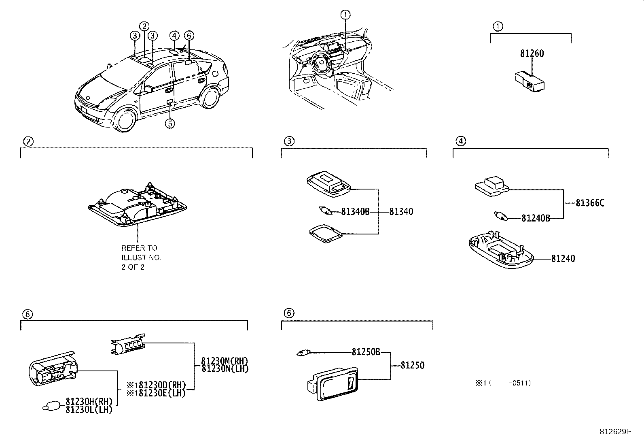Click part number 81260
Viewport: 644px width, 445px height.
click(x=532, y=53)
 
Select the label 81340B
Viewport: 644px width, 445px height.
click(x=355, y=211)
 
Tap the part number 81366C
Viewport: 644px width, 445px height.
click(x=590, y=203)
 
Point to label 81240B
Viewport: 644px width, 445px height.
click(x=536, y=218)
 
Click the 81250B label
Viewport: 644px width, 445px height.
click(x=365, y=352)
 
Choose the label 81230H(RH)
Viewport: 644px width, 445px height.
click(x=89, y=402)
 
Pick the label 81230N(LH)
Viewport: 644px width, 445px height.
click(x=225, y=369)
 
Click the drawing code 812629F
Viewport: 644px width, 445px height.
click(x=615, y=432)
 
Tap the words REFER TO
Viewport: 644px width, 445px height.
click(x=139, y=248)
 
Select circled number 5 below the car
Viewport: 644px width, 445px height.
click(x=170, y=123)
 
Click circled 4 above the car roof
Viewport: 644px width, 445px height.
click(x=174, y=36)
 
